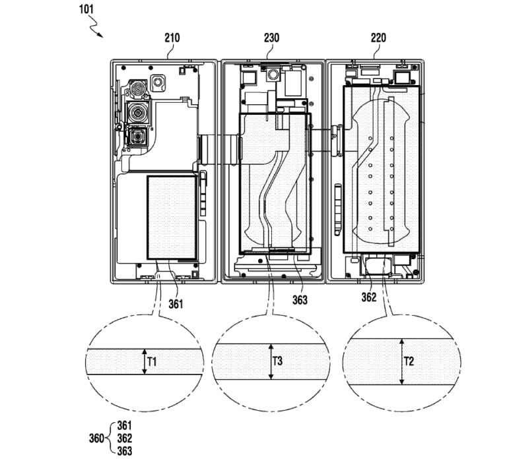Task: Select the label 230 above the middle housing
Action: pyautogui.click(x=271, y=38)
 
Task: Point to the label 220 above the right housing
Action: pyautogui.click(x=379, y=38)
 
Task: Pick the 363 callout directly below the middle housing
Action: pyautogui.click(x=299, y=299)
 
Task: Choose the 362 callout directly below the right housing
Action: pyautogui.click(x=368, y=297)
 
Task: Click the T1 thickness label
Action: pyautogui.click(x=152, y=362)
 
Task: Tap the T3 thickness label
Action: pyautogui.click(x=278, y=361)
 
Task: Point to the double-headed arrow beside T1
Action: pyautogui.click(x=143, y=362)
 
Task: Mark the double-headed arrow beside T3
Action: pyautogui.click(x=269, y=361)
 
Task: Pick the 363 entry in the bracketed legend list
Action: pyautogui.click(x=124, y=451)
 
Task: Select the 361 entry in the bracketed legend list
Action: pyautogui.click(x=124, y=426)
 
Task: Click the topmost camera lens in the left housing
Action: pyautogui.click(x=138, y=89)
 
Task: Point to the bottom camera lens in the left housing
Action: pyautogui.click(x=139, y=137)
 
